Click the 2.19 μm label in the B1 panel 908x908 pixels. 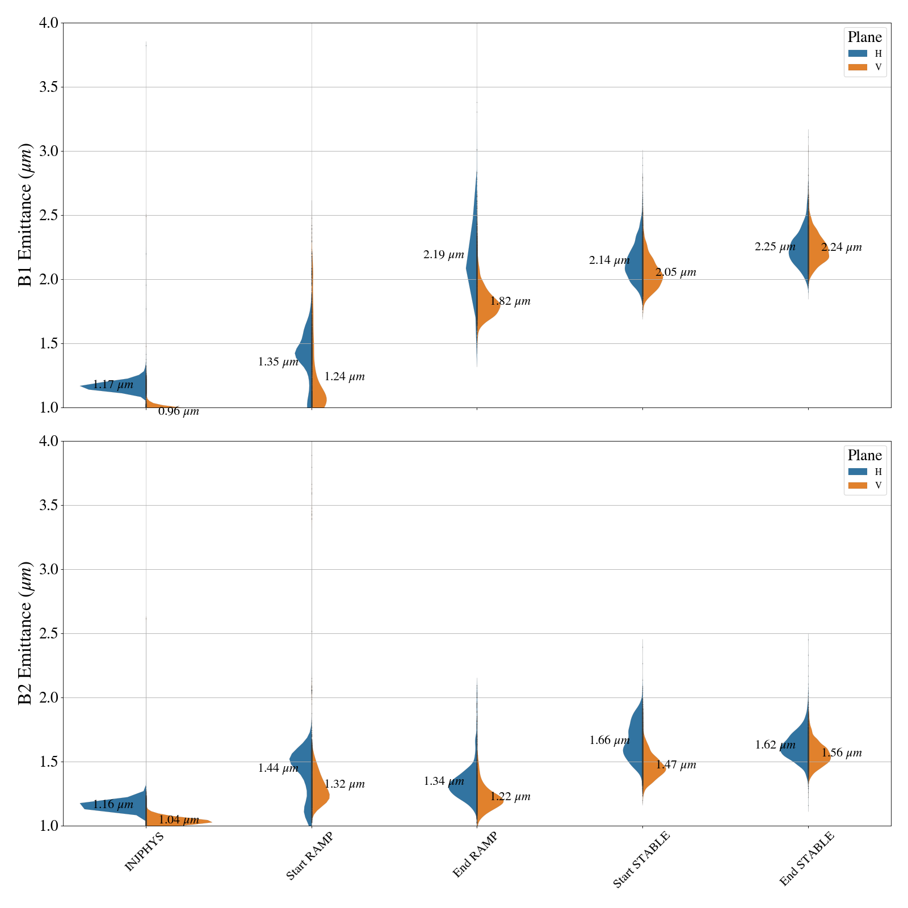pos(443,255)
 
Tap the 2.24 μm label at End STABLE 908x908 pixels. pos(841,247)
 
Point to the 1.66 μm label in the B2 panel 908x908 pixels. pos(609,741)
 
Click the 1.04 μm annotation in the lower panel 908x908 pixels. pos(178,820)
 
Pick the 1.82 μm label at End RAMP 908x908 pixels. pos(510,301)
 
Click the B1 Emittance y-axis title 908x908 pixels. pos(26,215)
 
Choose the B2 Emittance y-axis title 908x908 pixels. pos(26,633)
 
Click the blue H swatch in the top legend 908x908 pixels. pos(857,53)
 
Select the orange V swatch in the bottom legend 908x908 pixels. pos(857,485)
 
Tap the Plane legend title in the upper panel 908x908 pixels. pos(864,37)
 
